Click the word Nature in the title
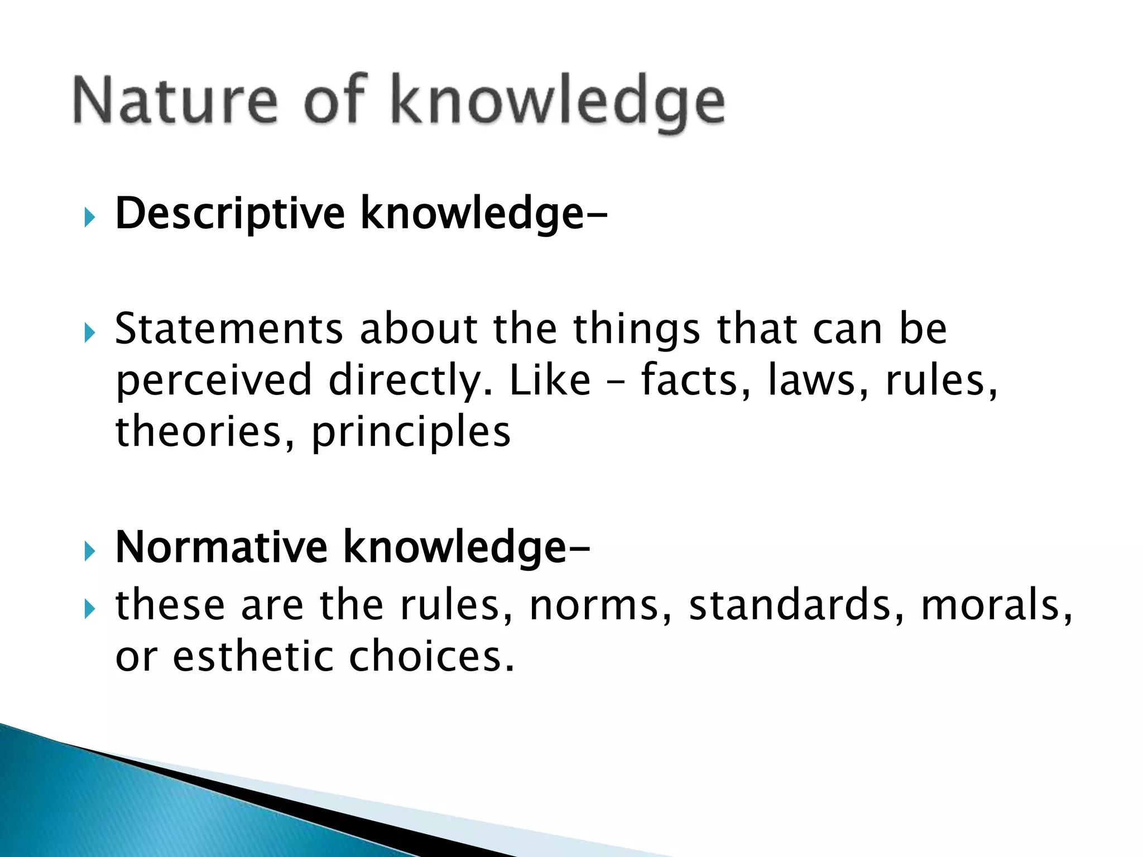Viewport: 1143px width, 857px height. [x=174, y=100]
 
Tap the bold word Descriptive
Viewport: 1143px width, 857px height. [x=230, y=214]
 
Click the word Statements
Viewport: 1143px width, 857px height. [x=229, y=329]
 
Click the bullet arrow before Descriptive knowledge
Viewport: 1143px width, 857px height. [x=89, y=218]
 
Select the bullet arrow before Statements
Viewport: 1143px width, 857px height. [x=89, y=333]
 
